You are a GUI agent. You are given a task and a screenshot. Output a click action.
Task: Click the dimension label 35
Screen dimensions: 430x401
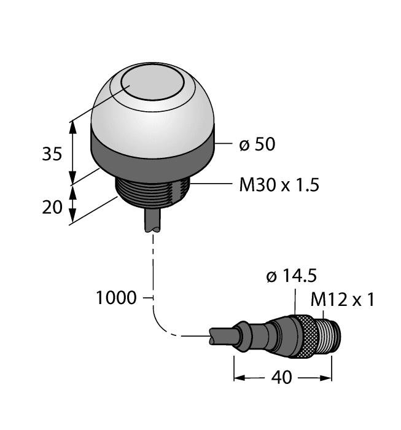click(x=52, y=154)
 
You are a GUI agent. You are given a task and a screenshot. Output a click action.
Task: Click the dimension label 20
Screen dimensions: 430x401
click(x=52, y=207)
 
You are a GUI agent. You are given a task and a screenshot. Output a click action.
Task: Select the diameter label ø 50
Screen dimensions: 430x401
click(x=256, y=145)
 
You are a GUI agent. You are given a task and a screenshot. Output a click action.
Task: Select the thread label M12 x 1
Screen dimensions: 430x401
click(x=343, y=300)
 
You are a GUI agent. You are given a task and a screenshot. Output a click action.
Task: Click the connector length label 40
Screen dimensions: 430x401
click(x=282, y=378)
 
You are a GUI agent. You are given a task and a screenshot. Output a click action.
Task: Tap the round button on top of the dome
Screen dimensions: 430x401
click(x=150, y=85)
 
